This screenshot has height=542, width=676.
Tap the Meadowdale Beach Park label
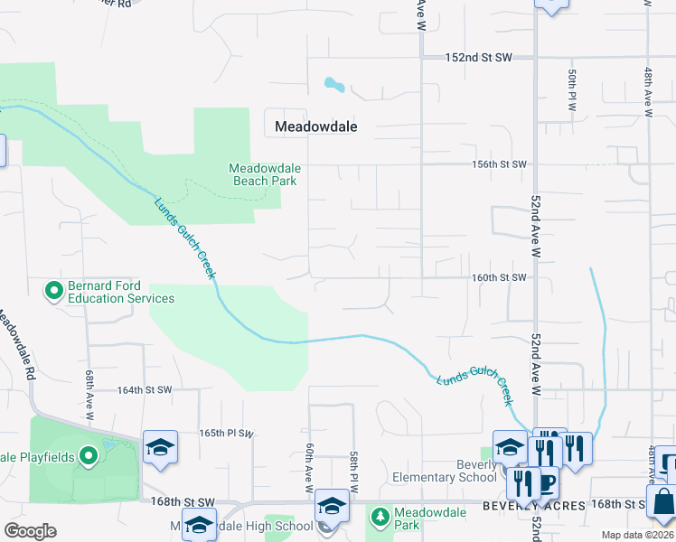[265, 174]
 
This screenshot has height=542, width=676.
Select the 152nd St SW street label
[478, 57]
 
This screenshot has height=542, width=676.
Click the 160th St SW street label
[498, 277]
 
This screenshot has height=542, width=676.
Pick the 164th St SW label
[145, 390]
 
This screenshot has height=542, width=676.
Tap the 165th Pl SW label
[226, 434]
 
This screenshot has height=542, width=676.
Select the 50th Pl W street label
[572, 89]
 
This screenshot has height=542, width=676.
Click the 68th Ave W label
[89, 395]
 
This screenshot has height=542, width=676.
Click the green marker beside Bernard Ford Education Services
[53, 290]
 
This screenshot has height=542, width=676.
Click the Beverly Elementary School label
[445, 472]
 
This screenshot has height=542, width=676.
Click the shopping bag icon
[662, 501]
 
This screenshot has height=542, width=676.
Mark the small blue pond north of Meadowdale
[333, 86]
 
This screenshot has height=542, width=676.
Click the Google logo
[31, 531]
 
